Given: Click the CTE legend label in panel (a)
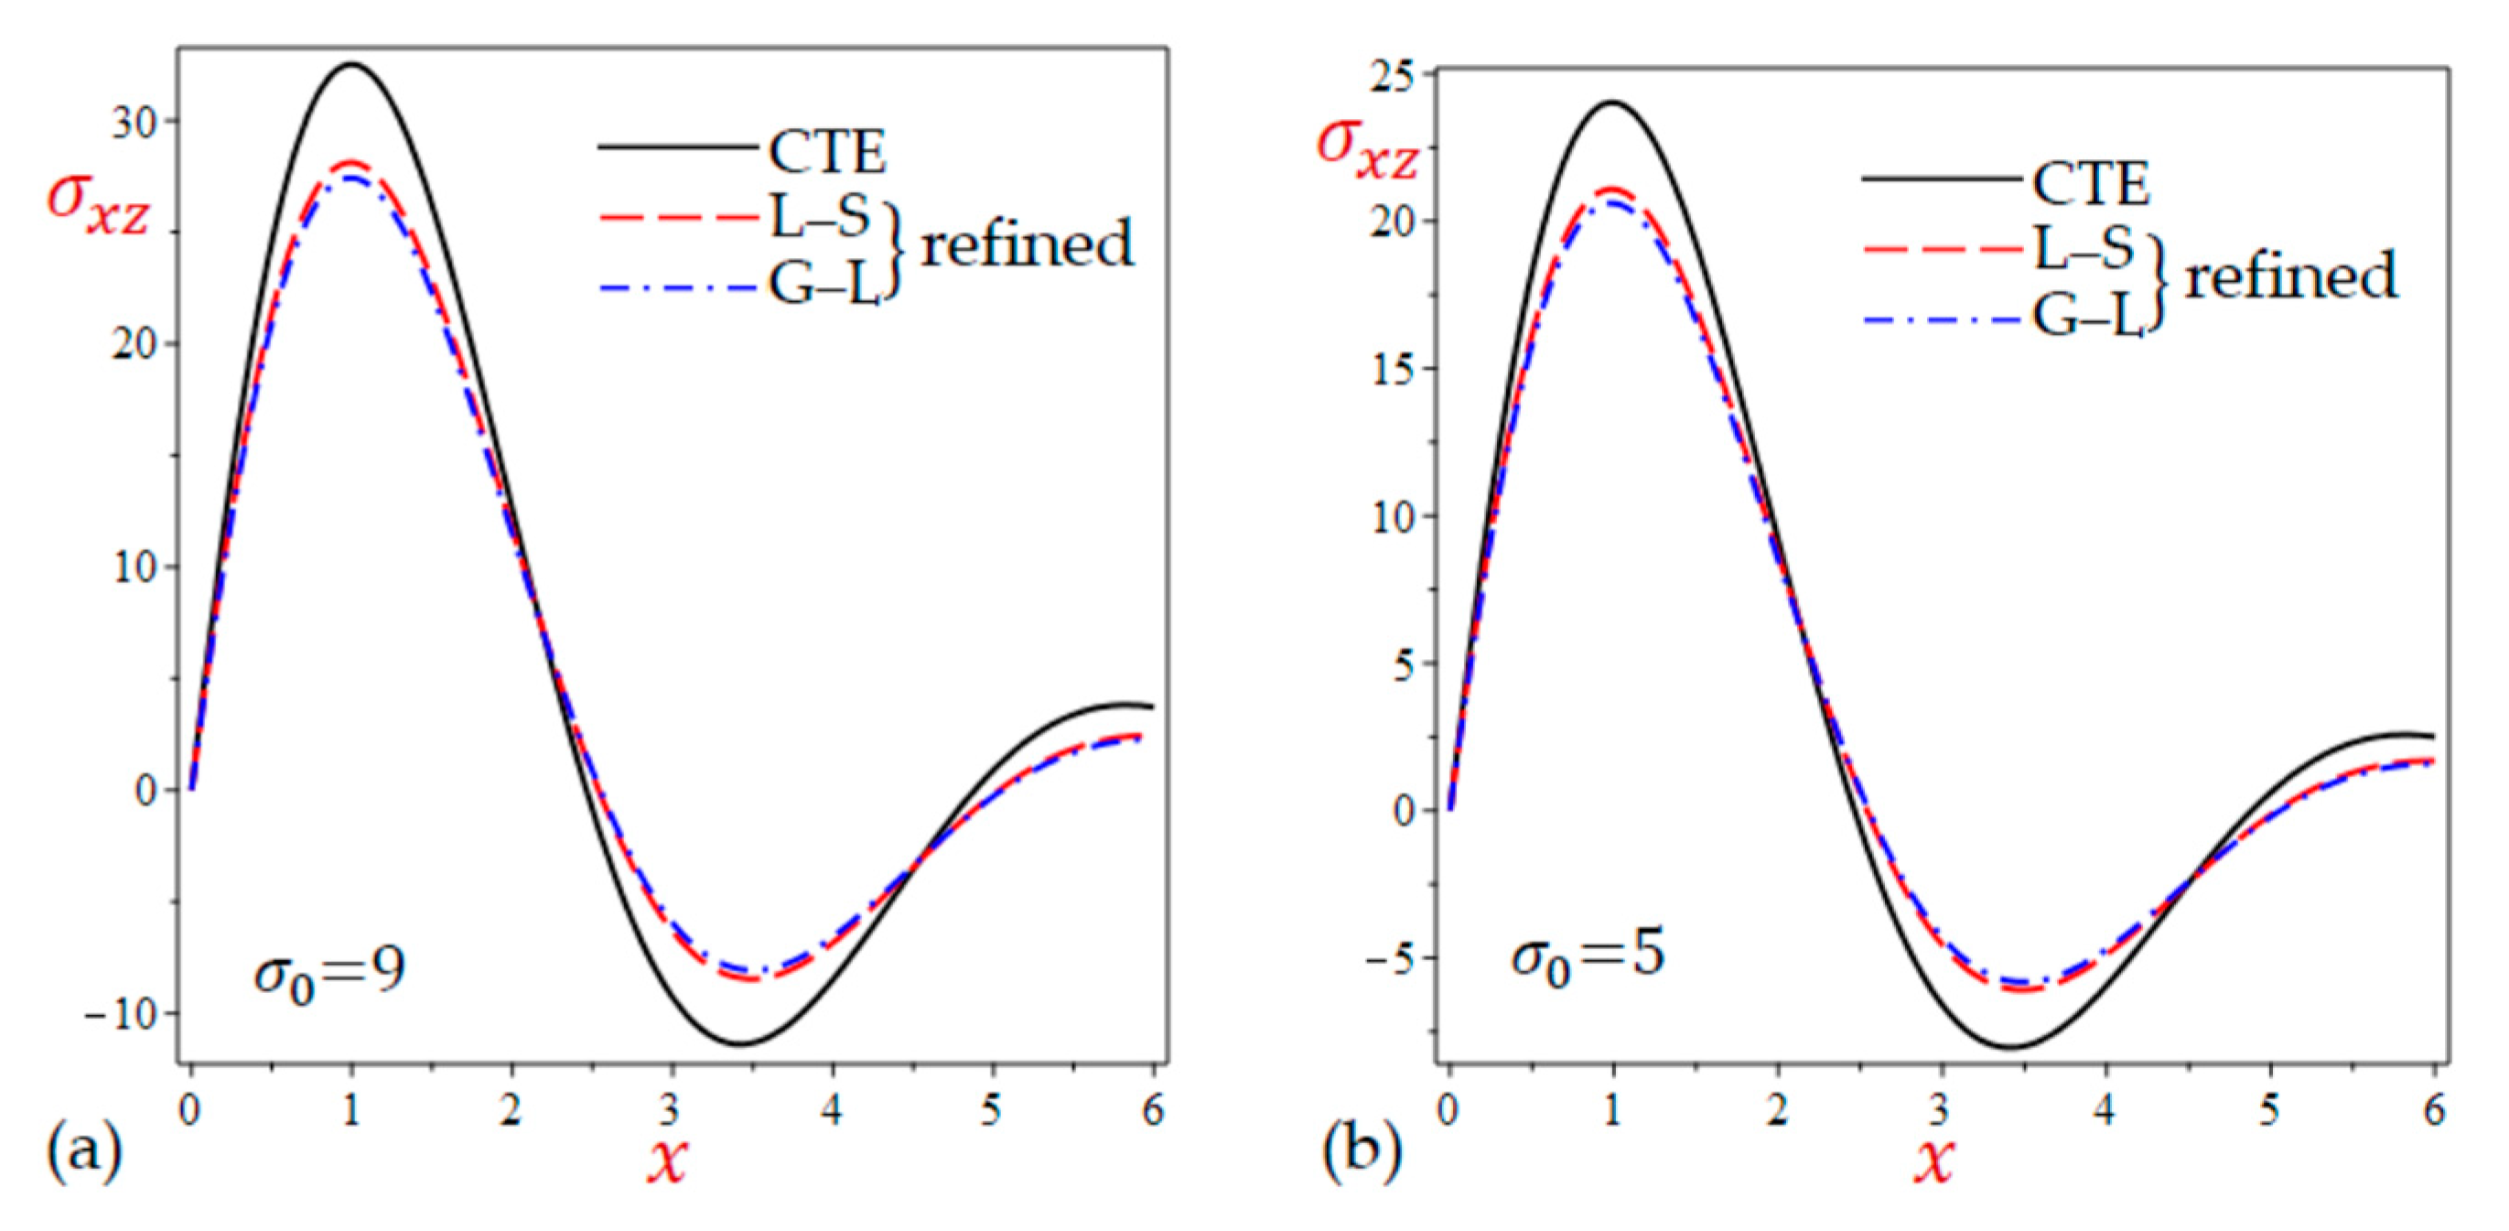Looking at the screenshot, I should [x=827, y=152].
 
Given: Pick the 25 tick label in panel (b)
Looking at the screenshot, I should [x=1394, y=75].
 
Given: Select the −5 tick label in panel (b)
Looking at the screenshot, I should [x=1390, y=958].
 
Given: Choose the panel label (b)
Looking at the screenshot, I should [x=1361, y=1150].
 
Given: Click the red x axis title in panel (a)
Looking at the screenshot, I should [x=669, y=1158].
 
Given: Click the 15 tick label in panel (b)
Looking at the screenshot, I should [x=1394, y=369].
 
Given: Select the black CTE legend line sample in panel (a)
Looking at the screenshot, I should [x=678, y=148].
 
